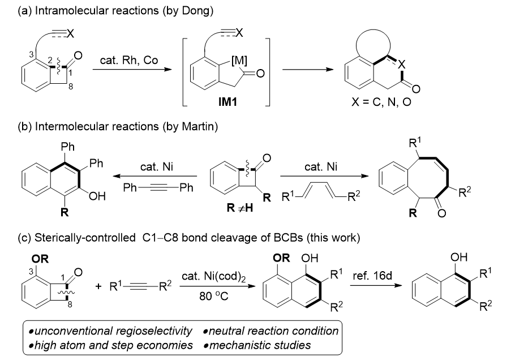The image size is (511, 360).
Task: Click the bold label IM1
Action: [227, 102]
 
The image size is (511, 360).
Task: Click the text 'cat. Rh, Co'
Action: [129, 60]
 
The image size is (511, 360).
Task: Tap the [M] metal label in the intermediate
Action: [239, 60]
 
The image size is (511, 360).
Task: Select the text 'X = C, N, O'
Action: [381, 102]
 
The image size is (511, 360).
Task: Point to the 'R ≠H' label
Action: [240, 207]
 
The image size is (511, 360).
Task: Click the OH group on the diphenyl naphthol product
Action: [98, 196]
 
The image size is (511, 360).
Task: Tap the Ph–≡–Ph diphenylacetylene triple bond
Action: [158, 188]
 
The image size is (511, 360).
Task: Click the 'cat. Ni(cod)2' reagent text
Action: [213, 277]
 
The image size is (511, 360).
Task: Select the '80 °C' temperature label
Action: [214, 297]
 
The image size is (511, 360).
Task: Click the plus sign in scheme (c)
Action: [98, 286]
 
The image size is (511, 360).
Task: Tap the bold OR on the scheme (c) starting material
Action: [40, 259]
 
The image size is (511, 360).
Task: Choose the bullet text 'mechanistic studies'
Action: [260, 345]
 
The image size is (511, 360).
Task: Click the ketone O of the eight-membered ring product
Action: [441, 213]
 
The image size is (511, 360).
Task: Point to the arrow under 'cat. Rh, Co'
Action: [132, 69]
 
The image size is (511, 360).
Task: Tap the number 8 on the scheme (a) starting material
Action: [70, 87]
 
